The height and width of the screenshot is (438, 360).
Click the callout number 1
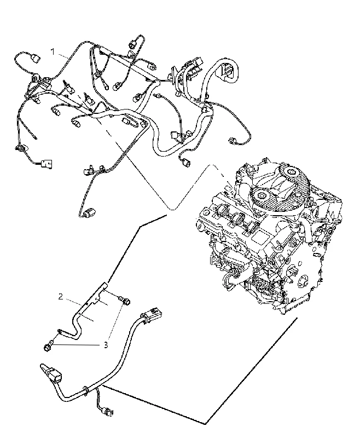pyautogui.click(x=53, y=52)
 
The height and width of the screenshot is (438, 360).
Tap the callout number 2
pyautogui.click(x=61, y=297)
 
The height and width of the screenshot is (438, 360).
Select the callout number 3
pyautogui.click(x=106, y=345)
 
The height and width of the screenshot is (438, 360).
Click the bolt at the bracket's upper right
pyautogui.click(x=126, y=301)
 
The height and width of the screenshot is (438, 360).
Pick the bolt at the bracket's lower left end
pyautogui.click(x=47, y=347)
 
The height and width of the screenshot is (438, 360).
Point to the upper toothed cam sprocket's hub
pyautogui.click(x=292, y=171)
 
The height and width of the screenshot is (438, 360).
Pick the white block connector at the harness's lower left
pyautogui.click(x=47, y=163)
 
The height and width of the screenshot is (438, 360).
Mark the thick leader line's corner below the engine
pyautogui.click(x=206, y=423)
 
